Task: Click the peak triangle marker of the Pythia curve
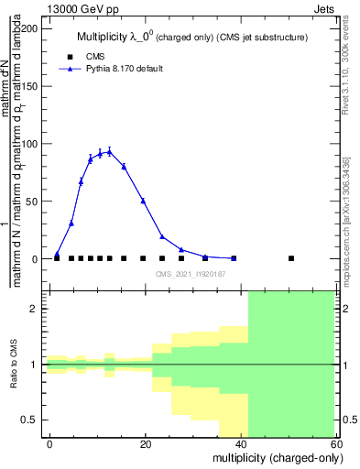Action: pyautogui.click(x=109, y=152)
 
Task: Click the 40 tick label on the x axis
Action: pyautogui.click(x=241, y=444)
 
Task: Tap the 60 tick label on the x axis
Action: pyautogui.click(x=336, y=444)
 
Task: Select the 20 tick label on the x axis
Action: pyautogui.click(x=146, y=444)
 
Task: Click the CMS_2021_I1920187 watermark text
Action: pyautogui.click(x=191, y=274)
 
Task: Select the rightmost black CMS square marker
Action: pyautogui.click(x=291, y=258)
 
